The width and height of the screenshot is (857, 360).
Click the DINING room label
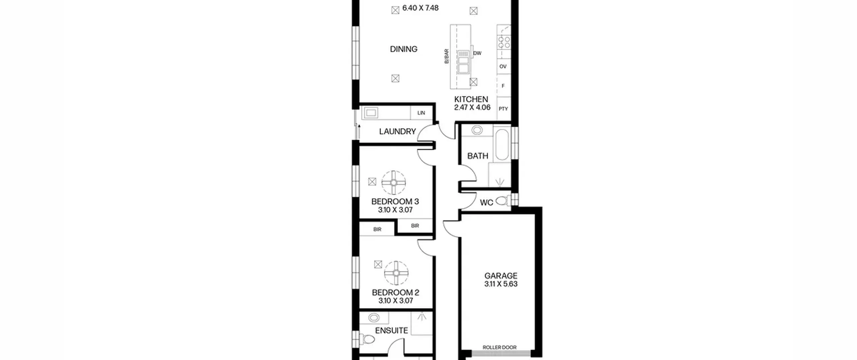(x=404, y=49)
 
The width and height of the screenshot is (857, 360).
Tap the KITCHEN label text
(x=471, y=99)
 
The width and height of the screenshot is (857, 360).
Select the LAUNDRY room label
(x=397, y=132)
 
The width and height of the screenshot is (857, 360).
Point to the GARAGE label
(x=501, y=276)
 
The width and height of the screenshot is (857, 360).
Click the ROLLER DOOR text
(x=499, y=347)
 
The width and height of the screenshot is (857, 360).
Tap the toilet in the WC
(x=503, y=201)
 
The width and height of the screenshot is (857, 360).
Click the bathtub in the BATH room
(x=502, y=145)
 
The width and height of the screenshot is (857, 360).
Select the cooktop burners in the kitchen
(x=504, y=43)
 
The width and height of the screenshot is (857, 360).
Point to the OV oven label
(x=503, y=67)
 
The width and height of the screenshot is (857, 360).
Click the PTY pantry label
(x=503, y=109)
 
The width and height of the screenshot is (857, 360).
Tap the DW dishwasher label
(x=477, y=53)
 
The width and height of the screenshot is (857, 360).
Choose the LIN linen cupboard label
(x=421, y=113)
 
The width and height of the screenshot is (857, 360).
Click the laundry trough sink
(x=371, y=113)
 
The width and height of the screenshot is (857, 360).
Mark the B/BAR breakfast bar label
(x=446, y=57)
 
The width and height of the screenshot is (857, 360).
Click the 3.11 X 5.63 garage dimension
(x=501, y=284)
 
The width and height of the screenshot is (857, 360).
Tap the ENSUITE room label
(x=391, y=331)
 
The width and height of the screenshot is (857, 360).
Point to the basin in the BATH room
(x=477, y=130)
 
